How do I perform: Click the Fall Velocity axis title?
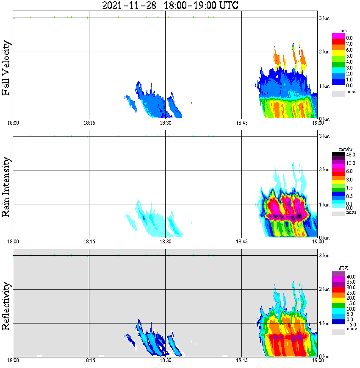(x=6, y=68)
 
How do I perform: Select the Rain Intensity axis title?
(x=6, y=187)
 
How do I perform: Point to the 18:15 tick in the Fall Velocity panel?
(x=89, y=123)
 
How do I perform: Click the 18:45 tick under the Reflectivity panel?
(x=241, y=360)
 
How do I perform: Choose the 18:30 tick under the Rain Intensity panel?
(x=165, y=242)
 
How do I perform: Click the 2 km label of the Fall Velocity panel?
(x=324, y=52)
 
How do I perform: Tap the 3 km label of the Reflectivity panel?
(x=324, y=256)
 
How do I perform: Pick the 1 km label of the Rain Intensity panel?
(x=324, y=205)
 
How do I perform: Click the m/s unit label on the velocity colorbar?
(x=343, y=31)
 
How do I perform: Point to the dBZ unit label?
(x=343, y=268)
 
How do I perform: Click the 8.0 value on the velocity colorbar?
(x=349, y=38)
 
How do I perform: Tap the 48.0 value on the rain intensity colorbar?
(x=350, y=155)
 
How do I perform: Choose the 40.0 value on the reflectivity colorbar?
(x=350, y=276)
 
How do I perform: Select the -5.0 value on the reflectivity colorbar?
(x=350, y=324)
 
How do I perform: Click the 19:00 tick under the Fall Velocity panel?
(x=318, y=123)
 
